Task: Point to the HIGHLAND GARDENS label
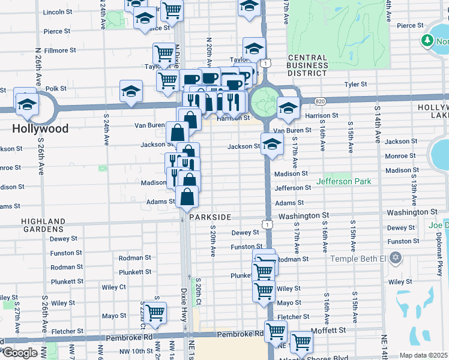pos(43,226)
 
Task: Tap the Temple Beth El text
pos(358,258)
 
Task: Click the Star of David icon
pos(394,258)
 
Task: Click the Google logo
pos(19,353)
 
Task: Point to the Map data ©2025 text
pos(423,355)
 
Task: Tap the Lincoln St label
pos(58,12)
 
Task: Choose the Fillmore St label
pos(59,50)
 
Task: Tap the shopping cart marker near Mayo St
pos(155,313)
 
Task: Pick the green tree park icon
pos(427,40)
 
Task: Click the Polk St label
pos(56,88)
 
